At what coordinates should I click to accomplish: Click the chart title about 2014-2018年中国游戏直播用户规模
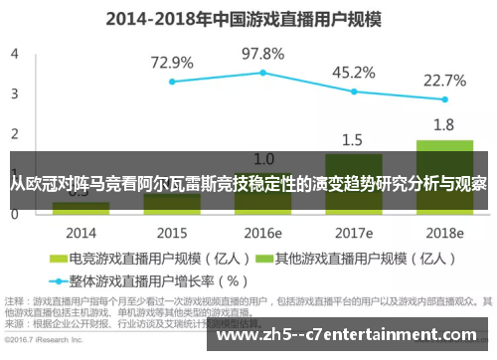249,17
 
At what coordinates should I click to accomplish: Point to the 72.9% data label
171,63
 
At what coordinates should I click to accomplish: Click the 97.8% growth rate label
263,53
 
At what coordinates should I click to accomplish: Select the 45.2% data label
353,72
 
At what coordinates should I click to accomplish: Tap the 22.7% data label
444,81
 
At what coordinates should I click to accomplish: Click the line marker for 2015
172,82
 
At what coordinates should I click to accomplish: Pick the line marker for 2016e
263,73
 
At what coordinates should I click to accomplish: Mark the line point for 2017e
354,91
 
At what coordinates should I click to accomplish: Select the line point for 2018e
444,99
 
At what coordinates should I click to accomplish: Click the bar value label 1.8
444,125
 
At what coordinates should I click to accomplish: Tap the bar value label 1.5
353,140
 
